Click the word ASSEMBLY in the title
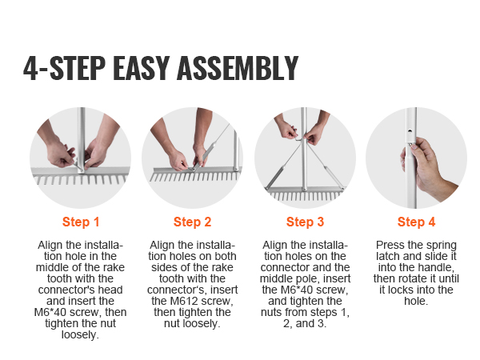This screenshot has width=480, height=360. [x=238, y=68]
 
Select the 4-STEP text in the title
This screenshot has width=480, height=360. [x=64, y=68]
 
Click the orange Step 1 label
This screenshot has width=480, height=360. [x=81, y=222]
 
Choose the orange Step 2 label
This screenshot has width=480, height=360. [x=193, y=222]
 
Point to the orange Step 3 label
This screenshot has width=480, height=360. [x=306, y=222]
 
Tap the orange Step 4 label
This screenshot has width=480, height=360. [x=417, y=222]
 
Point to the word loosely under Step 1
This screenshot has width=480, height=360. [x=80, y=334]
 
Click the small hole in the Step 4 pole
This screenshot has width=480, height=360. [x=410, y=131]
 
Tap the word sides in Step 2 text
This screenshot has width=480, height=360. [x=163, y=267]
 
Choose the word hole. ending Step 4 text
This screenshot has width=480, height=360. [x=416, y=301]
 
